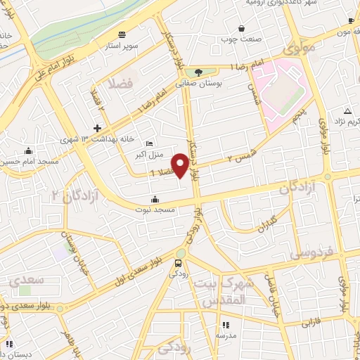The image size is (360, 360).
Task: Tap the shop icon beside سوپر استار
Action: pos(123,34)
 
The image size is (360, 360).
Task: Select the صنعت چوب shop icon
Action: pos(242,29)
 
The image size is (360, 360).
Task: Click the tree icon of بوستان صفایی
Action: pos(199,72)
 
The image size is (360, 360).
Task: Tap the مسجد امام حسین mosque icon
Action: pos(27,150)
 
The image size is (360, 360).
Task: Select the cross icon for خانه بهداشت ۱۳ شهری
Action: pos(97,128)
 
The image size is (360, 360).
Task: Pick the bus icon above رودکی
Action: pos(179,264)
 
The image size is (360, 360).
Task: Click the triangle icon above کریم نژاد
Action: pos(347,112)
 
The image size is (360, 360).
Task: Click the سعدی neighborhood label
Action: pos(27,280)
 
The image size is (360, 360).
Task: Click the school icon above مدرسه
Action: pos(226,325)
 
